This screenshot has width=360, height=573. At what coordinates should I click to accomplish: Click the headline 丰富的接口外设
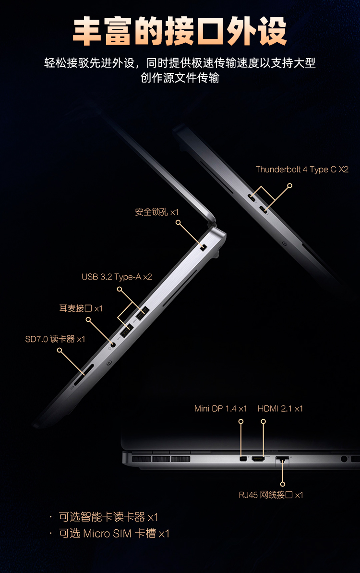pyautogui.click(x=180, y=31)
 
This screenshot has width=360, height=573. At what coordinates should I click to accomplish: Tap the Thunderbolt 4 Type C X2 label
pyautogui.click(x=302, y=170)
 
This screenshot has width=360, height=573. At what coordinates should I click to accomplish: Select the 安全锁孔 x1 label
pyautogui.click(x=156, y=212)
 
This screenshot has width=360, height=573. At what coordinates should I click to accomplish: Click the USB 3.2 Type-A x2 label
pyautogui.click(x=117, y=277)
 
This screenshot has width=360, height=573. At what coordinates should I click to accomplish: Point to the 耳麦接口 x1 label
pyautogui.click(x=81, y=308)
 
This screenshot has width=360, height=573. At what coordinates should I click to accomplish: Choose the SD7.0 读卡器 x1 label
pyautogui.click(x=55, y=339)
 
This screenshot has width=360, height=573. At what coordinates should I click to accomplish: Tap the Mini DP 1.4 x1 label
pyautogui.click(x=220, y=409)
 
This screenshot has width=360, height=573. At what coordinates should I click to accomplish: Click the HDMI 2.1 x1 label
pyautogui.click(x=280, y=409)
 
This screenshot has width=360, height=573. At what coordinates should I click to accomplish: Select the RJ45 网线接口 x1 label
pyautogui.click(x=271, y=495)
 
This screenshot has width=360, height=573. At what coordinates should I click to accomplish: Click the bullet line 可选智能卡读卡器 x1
pyautogui.click(x=108, y=517)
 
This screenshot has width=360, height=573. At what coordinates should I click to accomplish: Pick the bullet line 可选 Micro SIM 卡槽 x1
pyautogui.click(x=114, y=534)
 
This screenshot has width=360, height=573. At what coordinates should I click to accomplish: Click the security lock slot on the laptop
pyautogui.click(x=204, y=247)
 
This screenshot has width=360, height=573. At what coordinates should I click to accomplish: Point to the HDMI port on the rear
pyautogui.click(x=258, y=458)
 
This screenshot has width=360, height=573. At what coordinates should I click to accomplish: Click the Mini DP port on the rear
pyautogui.click(x=242, y=458)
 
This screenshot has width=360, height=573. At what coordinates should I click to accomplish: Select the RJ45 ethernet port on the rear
pyautogui.click(x=282, y=459)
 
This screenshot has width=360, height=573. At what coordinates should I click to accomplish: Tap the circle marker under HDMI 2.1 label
pyautogui.click(x=263, y=421)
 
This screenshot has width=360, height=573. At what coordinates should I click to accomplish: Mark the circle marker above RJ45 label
pyautogui.click(x=283, y=484)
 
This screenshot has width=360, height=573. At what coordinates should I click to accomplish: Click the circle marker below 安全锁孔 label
pyautogui.click(x=178, y=222)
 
